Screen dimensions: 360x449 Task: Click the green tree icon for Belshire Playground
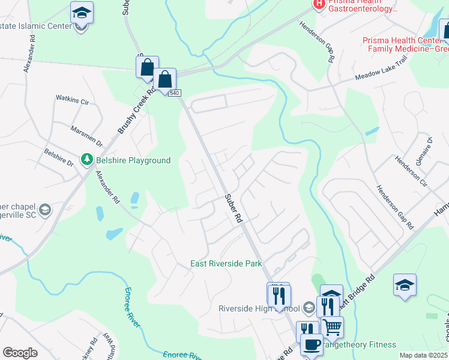pos(88,160)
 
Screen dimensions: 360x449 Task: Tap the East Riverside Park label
pos(226,263)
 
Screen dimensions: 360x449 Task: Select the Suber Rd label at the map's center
pos(233,208)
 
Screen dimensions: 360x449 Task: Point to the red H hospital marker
pos(319,4)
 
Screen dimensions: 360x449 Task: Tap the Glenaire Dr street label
pos(427,148)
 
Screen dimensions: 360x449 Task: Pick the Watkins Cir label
pos(72,98)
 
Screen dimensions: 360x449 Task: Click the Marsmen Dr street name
pos(87,136)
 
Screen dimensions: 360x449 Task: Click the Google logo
pos(20,352)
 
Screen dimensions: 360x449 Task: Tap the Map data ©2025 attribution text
pos(424,355)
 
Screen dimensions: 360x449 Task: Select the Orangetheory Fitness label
pos(360,344)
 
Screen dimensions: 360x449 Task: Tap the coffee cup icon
pos(311,345)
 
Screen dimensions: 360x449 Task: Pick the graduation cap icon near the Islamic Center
pos(82,12)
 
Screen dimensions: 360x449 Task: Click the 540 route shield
pos(175,93)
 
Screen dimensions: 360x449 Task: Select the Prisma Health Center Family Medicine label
pos(405,44)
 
